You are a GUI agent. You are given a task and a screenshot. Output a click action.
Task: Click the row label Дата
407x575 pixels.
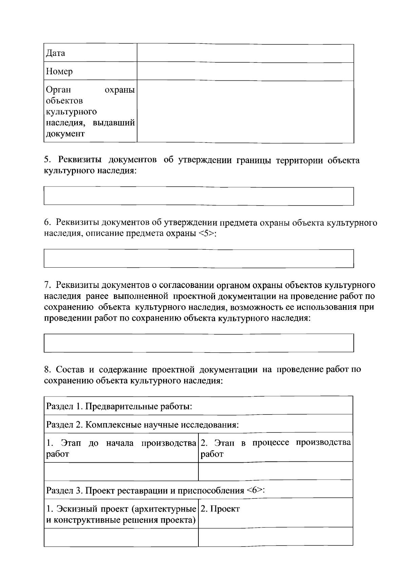pos(56,53)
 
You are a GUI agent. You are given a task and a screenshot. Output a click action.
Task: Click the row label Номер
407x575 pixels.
pos(59,72)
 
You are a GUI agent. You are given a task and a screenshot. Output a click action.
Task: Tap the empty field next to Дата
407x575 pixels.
pos(245,53)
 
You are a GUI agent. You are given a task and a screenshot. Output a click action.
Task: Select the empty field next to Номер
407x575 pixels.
pos(245,72)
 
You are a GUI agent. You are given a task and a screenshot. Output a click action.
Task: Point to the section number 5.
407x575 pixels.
pos(47,160)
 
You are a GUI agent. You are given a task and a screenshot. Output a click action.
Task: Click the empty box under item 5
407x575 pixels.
pos(198,196)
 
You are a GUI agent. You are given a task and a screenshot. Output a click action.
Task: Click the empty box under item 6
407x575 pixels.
pos(198,258)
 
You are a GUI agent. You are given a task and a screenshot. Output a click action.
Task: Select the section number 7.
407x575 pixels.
pos(47,285)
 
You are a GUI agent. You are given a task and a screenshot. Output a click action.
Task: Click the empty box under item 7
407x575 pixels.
pos(198,343)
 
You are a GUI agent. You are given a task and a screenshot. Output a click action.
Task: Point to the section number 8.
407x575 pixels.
pos(47,369)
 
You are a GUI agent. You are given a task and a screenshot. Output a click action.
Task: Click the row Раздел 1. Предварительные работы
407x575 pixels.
pos(119,406)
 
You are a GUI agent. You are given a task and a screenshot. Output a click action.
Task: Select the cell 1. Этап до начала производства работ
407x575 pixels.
pos(121,448)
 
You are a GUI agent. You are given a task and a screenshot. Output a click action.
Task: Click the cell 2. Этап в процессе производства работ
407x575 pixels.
pos(275,448)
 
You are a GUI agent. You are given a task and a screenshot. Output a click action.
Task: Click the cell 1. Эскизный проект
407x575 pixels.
pos(121,514)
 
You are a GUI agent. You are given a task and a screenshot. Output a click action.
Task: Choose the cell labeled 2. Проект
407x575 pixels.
pos(220,509)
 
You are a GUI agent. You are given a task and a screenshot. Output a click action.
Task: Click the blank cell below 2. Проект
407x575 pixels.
pos(275,537)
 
